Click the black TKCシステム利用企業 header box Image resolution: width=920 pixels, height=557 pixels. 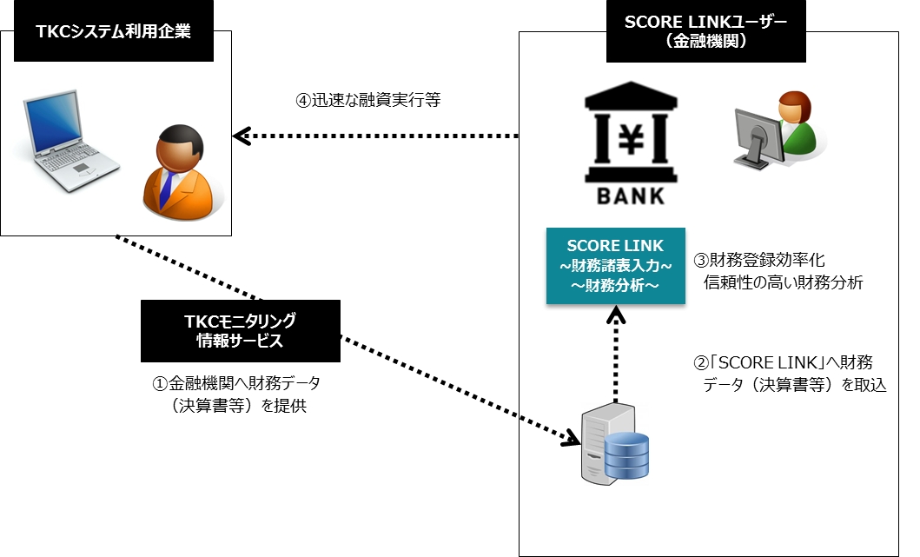point(113,32)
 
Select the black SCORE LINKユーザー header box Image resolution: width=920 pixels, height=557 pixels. point(706,32)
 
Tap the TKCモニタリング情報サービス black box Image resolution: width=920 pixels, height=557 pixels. point(240,331)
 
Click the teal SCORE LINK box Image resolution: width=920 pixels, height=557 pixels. point(615,266)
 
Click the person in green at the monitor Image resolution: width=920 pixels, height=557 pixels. point(775,131)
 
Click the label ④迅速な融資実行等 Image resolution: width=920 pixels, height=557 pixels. point(368,101)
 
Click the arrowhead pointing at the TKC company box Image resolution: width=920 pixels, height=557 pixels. point(242,136)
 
